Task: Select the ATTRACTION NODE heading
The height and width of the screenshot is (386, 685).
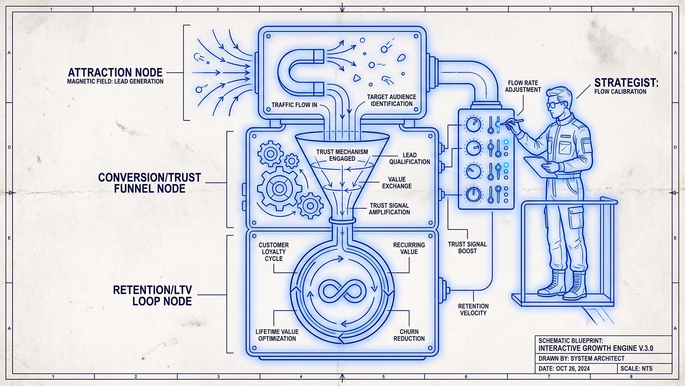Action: pyautogui.click(x=115, y=73)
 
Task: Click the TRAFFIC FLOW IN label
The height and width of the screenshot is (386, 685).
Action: pyautogui.click(x=294, y=105)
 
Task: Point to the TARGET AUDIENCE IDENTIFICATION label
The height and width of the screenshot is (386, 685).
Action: pyautogui.click(x=391, y=100)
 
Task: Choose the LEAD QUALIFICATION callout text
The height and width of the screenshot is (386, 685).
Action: pyautogui.click(x=410, y=158)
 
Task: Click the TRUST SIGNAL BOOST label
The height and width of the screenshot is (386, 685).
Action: pyautogui.click(x=467, y=247)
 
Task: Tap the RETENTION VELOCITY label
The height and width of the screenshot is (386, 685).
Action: pyautogui.click(x=473, y=310)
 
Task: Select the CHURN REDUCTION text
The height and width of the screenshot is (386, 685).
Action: pyautogui.click(x=409, y=335)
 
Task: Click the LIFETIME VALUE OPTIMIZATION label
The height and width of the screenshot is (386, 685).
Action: pyautogui.click(x=277, y=335)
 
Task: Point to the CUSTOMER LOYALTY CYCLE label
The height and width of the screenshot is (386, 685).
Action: pyautogui.click(x=274, y=252)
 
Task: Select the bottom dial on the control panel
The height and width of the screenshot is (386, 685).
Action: pyautogui.click(x=473, y=194)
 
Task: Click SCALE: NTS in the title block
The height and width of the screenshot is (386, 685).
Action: pyautogui.click(x=641, y=368)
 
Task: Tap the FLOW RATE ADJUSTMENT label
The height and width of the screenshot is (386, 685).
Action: pyautogui.click(x=523, y=86)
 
